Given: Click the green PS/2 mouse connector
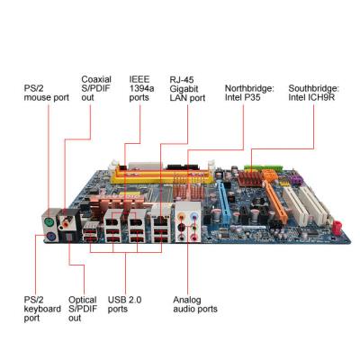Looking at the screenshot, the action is pyautogui.click(x=49, y=223).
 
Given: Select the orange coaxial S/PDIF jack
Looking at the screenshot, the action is pyautogui.click(x=66, y=223).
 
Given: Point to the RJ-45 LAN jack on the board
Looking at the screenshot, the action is pyautogui.click(x=161, y=221).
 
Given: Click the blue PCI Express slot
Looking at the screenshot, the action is pyautogui.click(x=223, y=203).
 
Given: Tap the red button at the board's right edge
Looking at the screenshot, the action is pyautogui.click(x=337, y=227).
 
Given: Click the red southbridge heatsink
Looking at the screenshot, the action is pyautogui.click(x=250, y=179).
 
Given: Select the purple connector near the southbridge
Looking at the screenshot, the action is pyautogui.click(x=296, y=180).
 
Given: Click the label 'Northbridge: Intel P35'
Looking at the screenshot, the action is pyautogui.click(x=249, y=93).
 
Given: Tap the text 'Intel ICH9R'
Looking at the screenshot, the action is pyautogui.click(x=311, y=97).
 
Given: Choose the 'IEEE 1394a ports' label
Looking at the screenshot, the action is pyautogui.click(x=141, y=88).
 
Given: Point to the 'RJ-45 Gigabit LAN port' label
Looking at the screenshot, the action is pyautogui.click(x=187, y=88).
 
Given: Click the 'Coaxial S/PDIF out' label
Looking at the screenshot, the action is pyautogui.click(x=96, y=88).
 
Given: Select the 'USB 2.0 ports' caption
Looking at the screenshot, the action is pyautogui.click(x=124, y=304).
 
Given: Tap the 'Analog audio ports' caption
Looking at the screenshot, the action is pyautogui.click(x=195, y=304).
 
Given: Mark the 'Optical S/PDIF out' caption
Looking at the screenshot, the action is pyautogui.click(x=83, y=309).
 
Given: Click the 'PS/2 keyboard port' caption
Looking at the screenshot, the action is pyautogui.click(x=42, y=309).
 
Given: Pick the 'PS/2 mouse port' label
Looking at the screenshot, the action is pyautogui.click(x=47, y=93).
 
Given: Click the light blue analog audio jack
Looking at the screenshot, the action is pyautogui.click(x=195, y=215).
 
